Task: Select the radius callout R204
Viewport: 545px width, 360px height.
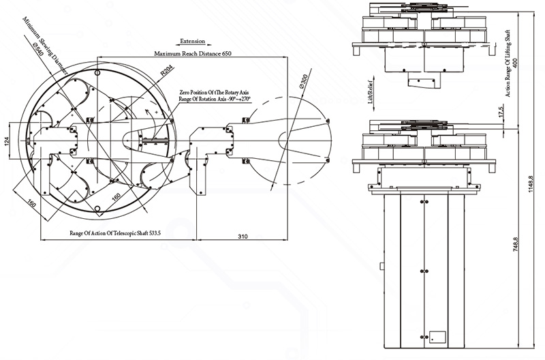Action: pyautogui.click(x=166, y=72)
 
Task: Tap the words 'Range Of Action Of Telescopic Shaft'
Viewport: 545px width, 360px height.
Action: pyautogui.click(x=107, y=233)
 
